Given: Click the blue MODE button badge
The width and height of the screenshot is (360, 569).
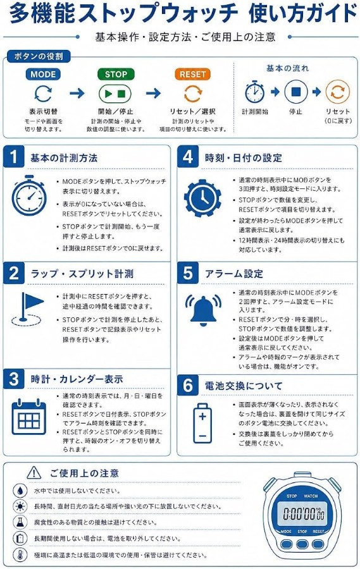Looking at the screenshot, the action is pyautogui.click(x=43, y=75).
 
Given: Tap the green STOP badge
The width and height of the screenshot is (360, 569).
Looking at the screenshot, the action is pyautogui.click(x=116, y=75).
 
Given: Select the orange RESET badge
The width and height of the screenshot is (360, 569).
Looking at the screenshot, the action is pyautogui.click(x=192, y=75).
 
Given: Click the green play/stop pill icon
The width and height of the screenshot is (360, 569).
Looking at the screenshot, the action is pyautogui.click(x=115, y=94).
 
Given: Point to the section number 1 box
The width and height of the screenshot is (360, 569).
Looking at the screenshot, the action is pyautogui.click(x=14, y=156).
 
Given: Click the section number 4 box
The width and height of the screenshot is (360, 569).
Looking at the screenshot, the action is pyautogui.click(x=188, y=156).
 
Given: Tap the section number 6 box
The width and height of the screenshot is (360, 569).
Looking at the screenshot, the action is pyautogui.click(x=188, y=385).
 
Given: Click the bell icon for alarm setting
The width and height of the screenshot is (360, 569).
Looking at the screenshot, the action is pyautogui.click(x=203, y=309).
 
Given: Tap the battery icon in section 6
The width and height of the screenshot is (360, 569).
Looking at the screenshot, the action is pyautogui.click(x=202, y=423).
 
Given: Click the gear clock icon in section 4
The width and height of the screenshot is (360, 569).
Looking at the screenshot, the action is pyautogui.click(x=202, y=198).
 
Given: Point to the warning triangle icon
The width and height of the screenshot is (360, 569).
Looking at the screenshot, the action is pyautogui.click(x=34, y=472).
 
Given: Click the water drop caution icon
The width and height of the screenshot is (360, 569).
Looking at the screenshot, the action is pyautogui.click(x=20, y=490).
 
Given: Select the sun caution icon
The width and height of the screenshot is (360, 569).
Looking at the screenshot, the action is pyautogui.click(x=20, y=506).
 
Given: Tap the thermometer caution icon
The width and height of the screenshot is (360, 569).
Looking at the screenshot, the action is pyautogui.click(x=20, y=554).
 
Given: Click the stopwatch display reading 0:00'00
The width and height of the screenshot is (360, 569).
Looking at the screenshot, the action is pyautogui.click(x=304, y=513).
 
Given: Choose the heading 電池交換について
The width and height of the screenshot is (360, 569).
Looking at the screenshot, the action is pyautogui.click(x=244, y=386).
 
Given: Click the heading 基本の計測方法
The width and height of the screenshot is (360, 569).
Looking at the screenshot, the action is pyautogui.click(x=64, y=158).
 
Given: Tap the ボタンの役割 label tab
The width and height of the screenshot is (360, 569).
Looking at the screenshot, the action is pyautogui.click(x=38, y=56).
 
